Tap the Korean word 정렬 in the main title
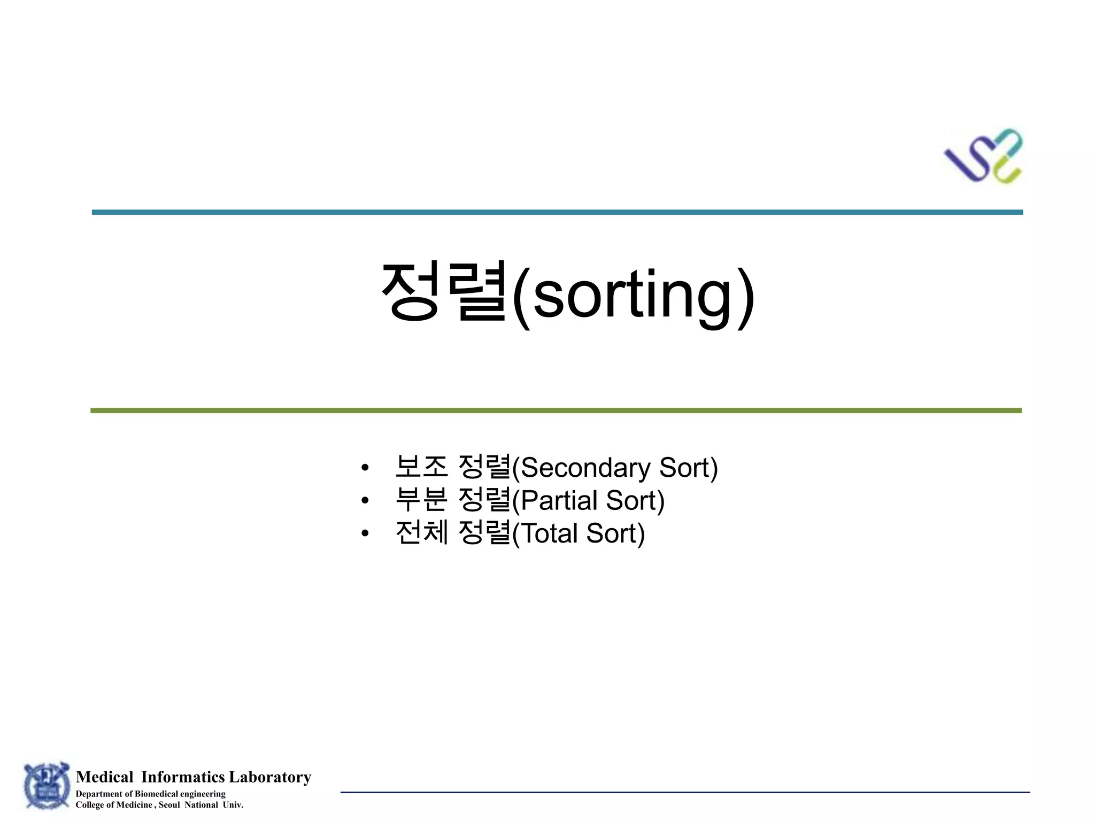(x=443, y=291)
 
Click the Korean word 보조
(x=421, y=467)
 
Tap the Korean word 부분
(x=421, y=500)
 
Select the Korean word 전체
(x=421, y=533)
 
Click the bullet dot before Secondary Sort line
(x=365, y=468)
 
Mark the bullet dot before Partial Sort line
(x=365, y=501)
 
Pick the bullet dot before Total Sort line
(x=365, y=533)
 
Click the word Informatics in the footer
(x=183, y=777)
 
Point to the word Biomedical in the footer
(x=156, y=794)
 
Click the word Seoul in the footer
(x=169, y=805)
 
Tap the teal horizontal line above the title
(x=557, y=212)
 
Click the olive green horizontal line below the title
(x=556, y=410)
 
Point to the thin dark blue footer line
(x=685, y=792)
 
